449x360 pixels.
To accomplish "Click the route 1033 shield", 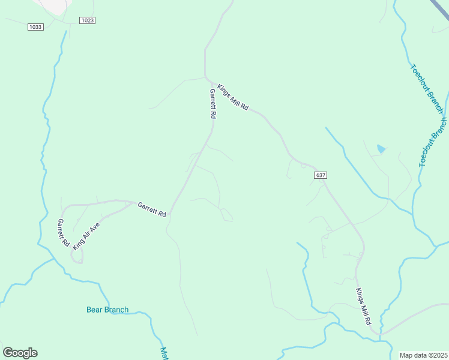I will (x=35, y=27).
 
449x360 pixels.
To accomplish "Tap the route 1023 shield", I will (x=87, y=20).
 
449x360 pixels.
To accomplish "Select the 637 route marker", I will (x=321, y=175).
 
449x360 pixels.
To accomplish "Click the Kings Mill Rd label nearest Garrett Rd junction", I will (x=233, y=97).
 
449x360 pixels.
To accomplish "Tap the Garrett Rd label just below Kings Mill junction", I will (x=212, y=104).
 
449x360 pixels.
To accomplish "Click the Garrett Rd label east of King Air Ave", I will (x=151, y=209).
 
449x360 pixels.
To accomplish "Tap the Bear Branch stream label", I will (x=107, y=310).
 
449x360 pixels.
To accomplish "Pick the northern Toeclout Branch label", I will (x=427, y=88).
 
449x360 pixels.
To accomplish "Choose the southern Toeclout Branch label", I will (x=433, y=142).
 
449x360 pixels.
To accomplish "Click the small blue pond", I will (x=381, y=149).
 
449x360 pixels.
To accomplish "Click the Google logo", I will (x=20, y=353).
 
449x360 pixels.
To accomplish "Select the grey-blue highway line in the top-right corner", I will (x=441, y=7).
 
